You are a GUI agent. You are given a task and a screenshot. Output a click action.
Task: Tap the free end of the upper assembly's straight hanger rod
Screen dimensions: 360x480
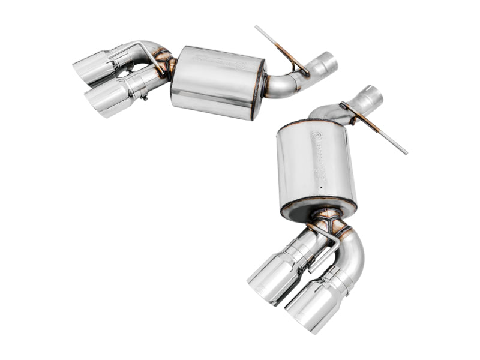257,28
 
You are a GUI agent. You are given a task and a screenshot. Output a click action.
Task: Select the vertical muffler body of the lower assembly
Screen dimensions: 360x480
316,165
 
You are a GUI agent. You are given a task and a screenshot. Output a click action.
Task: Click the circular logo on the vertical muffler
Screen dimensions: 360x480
317,136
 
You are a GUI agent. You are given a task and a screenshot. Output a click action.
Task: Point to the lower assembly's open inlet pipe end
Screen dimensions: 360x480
371,96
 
